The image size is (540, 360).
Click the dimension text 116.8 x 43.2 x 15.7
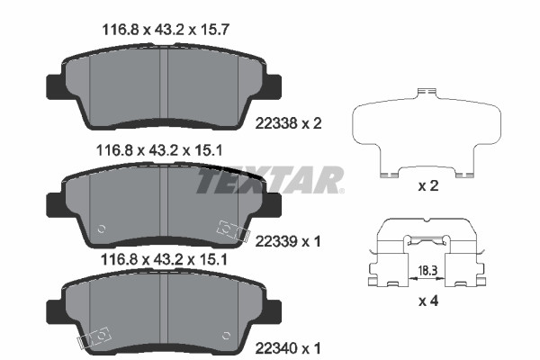[x=166, y=30]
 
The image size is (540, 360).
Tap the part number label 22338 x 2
[x=288, y=123]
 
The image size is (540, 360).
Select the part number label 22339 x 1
[x=288, y=241]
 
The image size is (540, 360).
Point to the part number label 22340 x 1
[x=288, y=348]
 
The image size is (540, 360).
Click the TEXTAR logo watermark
[x=270, y=180]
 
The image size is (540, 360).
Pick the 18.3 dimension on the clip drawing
[x=427, y=270]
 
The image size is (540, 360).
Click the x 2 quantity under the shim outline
[x=428, y=186]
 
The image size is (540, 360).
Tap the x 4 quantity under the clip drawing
[x=428, y=301]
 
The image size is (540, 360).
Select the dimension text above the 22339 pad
[x=159, y=150]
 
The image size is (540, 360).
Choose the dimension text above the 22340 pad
[x=164, y=259]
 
